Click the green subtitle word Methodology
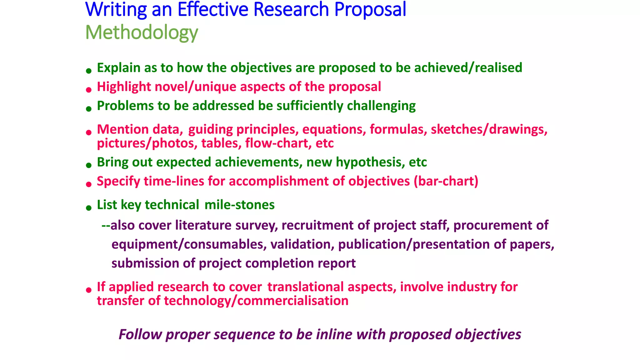coord(142,32)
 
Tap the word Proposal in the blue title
coord(370,9)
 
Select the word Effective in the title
coord(213,9)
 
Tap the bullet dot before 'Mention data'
coord(89,133)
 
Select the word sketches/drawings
coord(489,129)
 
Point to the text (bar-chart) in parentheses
coord(446,181)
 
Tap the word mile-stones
coord(239,205)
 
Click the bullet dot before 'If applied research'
coord(89,290)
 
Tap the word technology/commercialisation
coord(256,301)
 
